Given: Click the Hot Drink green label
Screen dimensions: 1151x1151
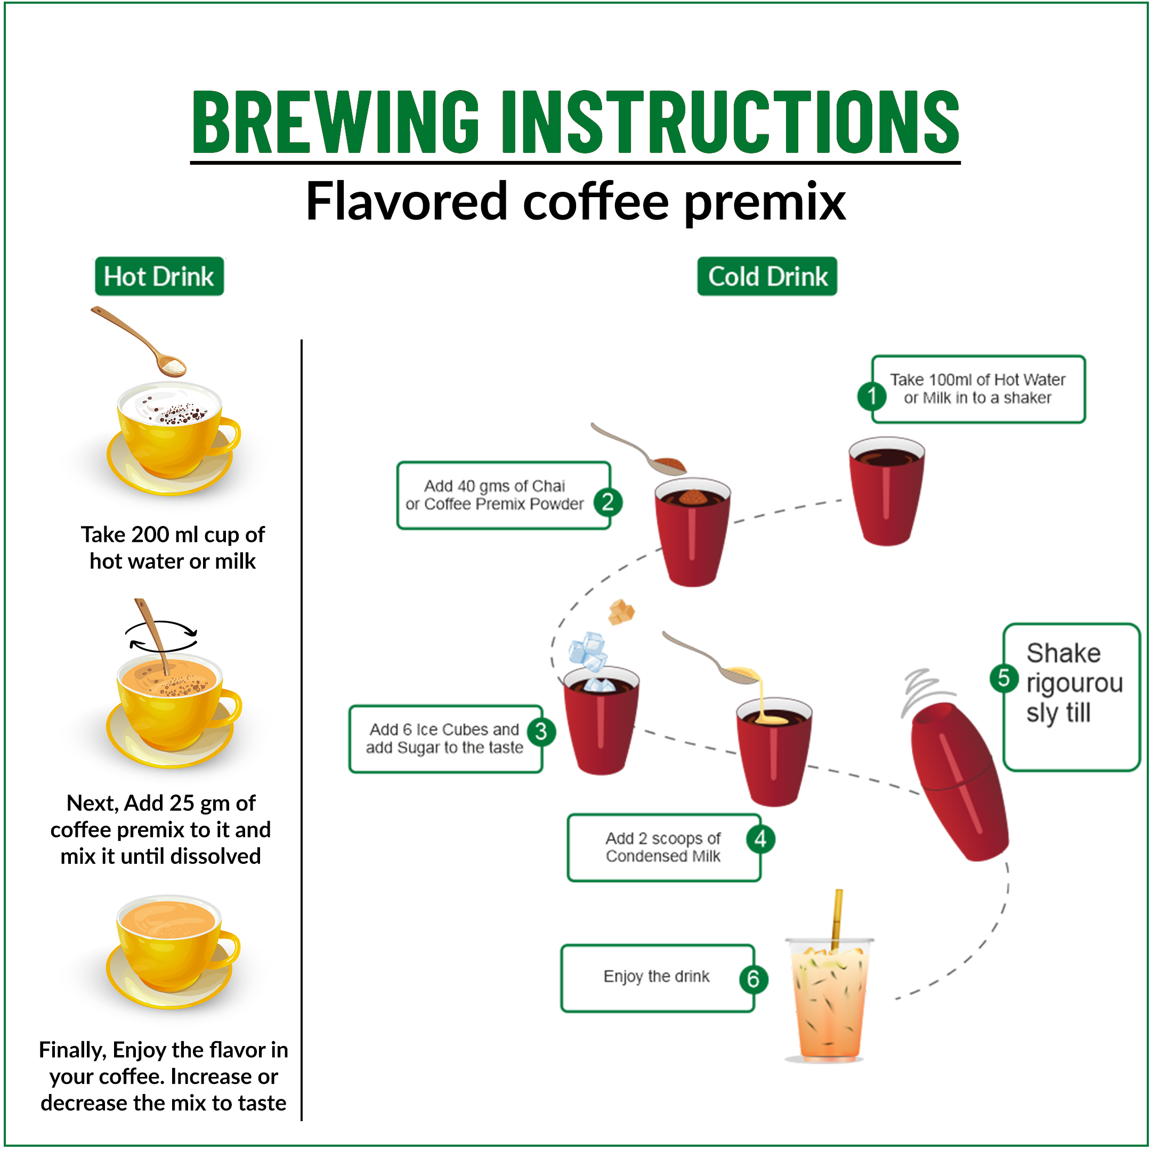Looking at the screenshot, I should tap(159, 277).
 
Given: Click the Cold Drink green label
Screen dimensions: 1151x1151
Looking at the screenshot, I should tap(767, 277).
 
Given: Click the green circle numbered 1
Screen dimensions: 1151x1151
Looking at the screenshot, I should tap(872, 395).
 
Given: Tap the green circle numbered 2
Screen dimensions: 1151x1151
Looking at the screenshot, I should tap(607, 502).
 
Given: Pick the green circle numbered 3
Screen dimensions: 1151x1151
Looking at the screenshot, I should tap(541, 732).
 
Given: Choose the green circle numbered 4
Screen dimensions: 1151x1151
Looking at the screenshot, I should tap(760, 839).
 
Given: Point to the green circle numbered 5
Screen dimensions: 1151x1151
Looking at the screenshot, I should tap(1004, 678).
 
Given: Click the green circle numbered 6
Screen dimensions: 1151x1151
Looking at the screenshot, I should tap(753, 979).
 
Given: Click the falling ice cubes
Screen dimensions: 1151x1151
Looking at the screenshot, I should tap(588, 652).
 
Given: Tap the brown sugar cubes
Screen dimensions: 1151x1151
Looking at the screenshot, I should tap(621, 612).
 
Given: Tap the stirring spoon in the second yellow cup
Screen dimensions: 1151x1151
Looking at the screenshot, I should tap(152, 637).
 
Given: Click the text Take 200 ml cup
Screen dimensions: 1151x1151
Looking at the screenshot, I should tap(172, 534).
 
